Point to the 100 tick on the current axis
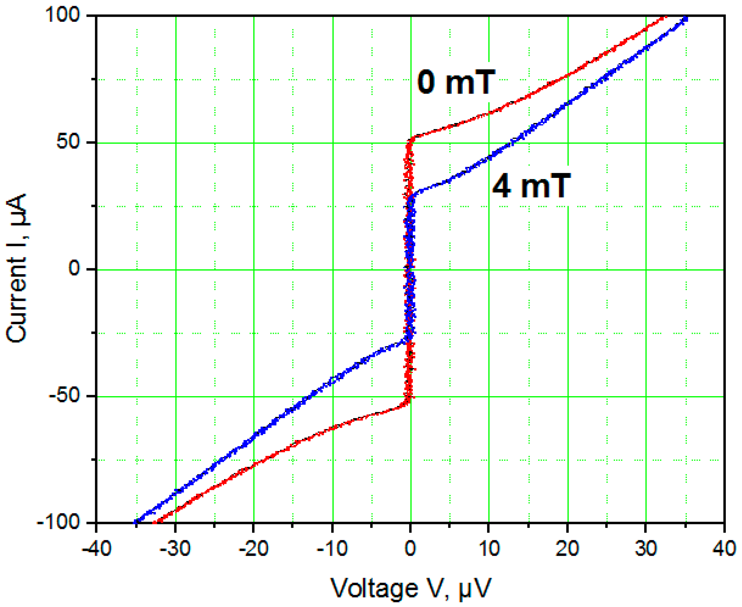[x=66, y=15]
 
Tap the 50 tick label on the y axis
[x=71, y=143]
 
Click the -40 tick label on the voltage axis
[x=97, y=549]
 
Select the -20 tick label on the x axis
[x=253, y=549]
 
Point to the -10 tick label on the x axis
[x=332, y=549]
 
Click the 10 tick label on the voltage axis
[x=489, y=549]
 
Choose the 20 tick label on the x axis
[x=568, y=549]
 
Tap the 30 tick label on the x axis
[x=646, y=549]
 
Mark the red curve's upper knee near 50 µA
[x=412, y=139]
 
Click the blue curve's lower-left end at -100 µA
[x=136, y=522]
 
